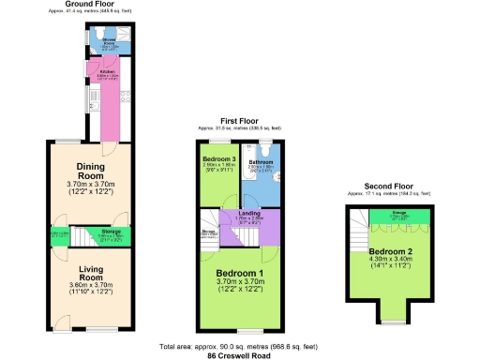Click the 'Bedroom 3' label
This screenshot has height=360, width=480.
(x=219, y=159)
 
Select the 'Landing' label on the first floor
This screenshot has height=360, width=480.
(x=249, y=215)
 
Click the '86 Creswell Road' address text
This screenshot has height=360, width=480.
(x=240, y=356)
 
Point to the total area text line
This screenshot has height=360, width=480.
(x=240, y=347)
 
